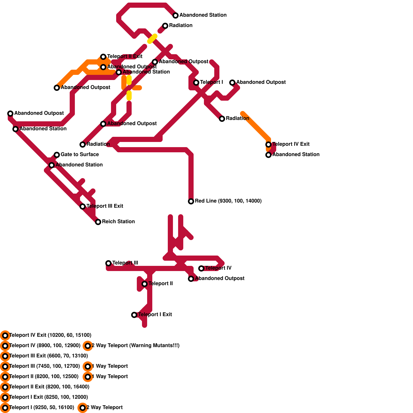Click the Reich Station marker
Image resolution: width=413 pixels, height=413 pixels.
pos(98,222)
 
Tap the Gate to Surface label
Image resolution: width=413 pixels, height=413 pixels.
pos(80,154)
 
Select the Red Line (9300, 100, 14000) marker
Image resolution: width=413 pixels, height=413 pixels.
pos(191,201)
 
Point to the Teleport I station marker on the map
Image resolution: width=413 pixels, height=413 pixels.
pos(196,83)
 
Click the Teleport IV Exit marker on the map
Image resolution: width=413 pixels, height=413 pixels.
pos(268,145)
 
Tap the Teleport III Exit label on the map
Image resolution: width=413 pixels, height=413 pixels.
pos(105,206)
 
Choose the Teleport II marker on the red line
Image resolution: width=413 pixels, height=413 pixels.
pos(145,284)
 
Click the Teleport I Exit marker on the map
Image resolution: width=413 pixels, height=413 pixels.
pos(134,315)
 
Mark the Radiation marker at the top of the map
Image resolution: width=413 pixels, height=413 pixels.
pos(165,26)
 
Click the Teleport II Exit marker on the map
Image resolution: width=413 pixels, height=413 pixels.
pos(103,57)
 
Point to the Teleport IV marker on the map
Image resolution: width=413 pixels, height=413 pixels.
pos(201,268)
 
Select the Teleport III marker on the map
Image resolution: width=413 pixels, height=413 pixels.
pos(108,263)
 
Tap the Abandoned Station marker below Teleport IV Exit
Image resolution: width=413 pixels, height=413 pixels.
pos(268,155)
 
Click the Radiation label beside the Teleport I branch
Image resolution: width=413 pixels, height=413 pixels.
pos(237,118)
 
